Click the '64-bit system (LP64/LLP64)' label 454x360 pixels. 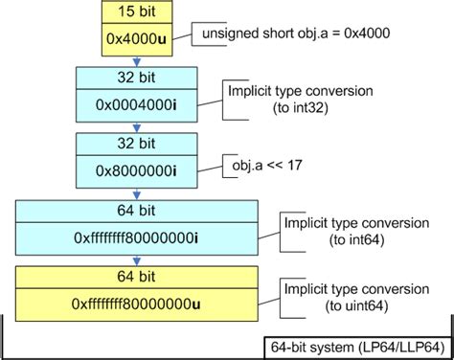point(353,346)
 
